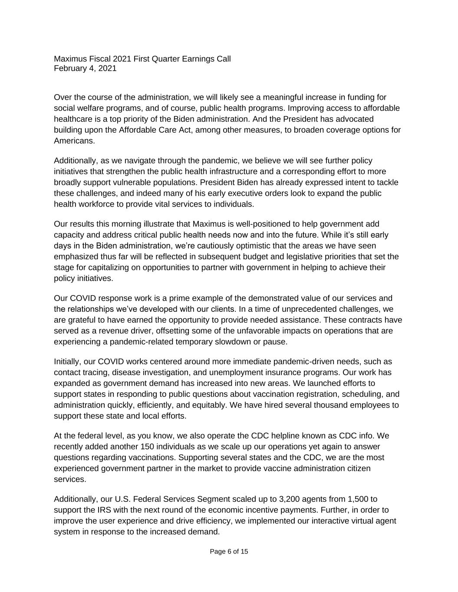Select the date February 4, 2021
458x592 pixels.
(x=85, y=68)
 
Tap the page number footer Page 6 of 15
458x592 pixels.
(x=229, y=552)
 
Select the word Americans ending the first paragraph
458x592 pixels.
(x=74, y=141)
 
